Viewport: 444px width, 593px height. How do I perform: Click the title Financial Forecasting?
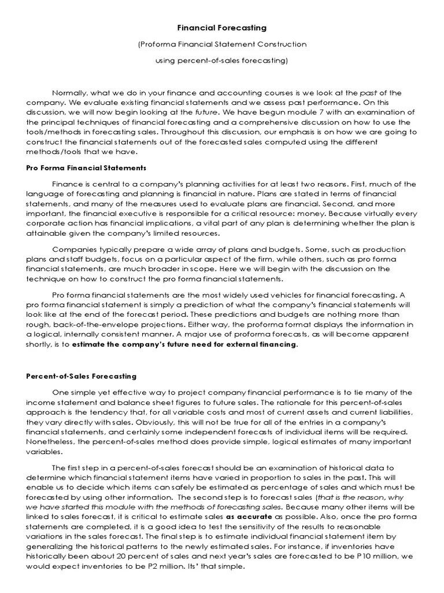[x=221, y=27]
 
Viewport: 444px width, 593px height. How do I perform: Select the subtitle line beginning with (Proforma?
[x=221, y=44]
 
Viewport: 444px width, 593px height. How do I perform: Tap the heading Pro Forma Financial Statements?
[x=86, y=168]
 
